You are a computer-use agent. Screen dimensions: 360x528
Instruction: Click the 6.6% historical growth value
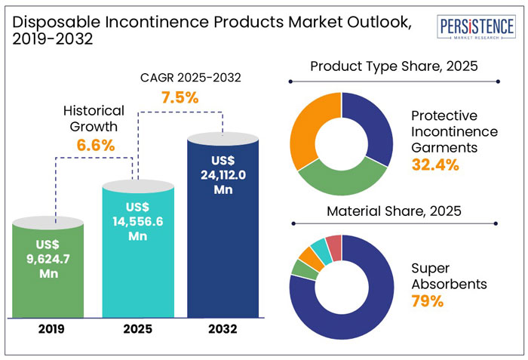pos(94,146)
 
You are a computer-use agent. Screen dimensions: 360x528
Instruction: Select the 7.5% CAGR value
pos(180,97)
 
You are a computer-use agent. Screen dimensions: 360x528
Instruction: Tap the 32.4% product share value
pos(435,165)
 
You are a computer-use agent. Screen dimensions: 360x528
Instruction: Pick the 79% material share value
pos(427,300)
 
